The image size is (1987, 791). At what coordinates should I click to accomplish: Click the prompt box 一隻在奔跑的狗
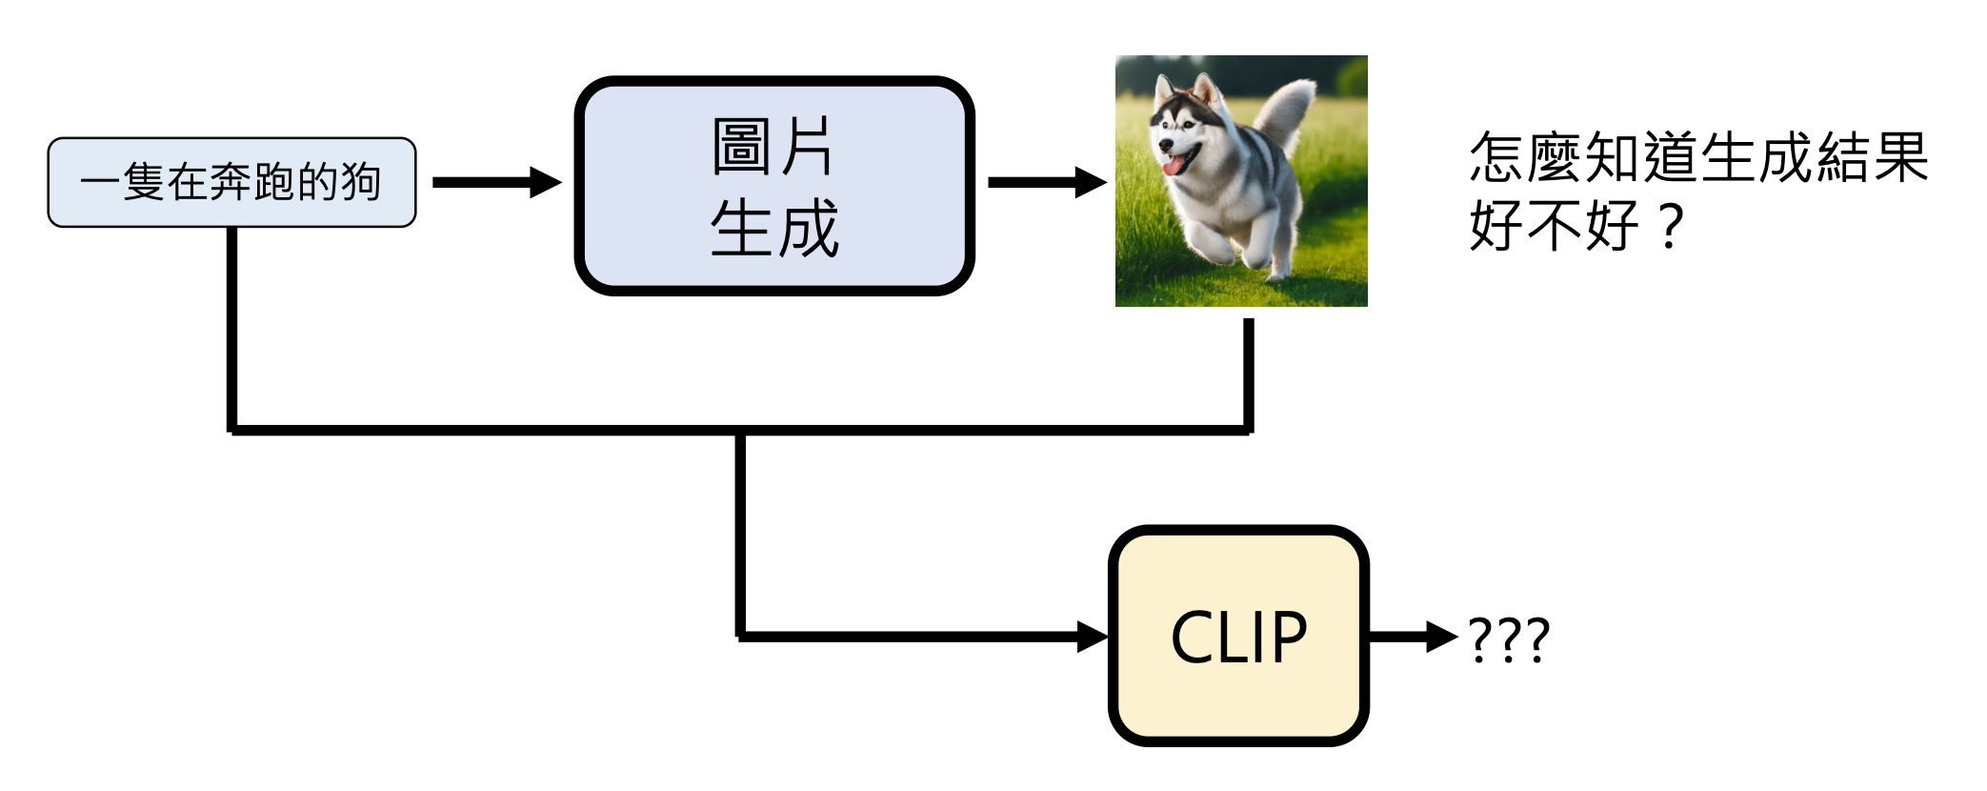click(x=231, y=182)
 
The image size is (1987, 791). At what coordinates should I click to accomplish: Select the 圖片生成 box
click(x=773, y=186)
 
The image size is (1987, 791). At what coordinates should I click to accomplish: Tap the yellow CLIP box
click(x=1238, y=636)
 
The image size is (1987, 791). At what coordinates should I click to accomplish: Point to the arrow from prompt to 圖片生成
click(x=495, y=182)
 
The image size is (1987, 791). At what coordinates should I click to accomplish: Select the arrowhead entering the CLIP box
click(x=1093, y=636)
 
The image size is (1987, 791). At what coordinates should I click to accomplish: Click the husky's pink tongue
click(x=1172, y=166)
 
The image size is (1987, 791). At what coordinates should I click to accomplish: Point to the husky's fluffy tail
click(x=1290, y=110)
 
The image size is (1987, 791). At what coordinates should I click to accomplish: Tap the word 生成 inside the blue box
click(x=773, y=229)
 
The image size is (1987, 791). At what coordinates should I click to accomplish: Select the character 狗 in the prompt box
click(x=361, y=182)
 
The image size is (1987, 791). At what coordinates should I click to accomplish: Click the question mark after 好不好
click(x=1671, y=227)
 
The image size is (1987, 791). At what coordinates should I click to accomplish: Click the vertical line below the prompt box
click(x=231, y=329)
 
